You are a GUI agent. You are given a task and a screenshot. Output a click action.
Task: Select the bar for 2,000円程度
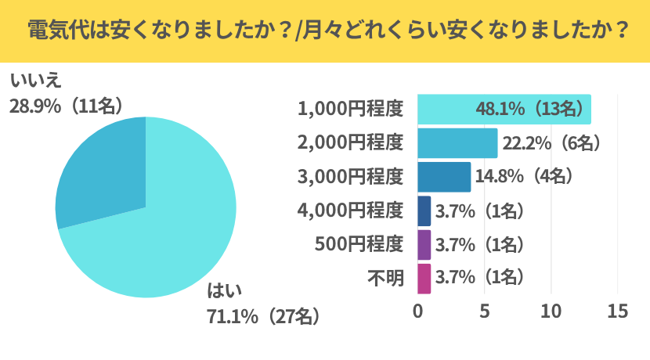coord(457,143)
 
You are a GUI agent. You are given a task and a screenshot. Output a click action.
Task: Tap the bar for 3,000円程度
coord(443,177)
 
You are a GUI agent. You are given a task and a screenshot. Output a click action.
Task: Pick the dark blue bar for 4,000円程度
coord(424,211)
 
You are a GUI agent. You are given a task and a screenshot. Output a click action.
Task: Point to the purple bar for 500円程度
coord(424,244)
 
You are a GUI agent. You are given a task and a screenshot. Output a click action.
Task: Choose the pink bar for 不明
coord(424,277)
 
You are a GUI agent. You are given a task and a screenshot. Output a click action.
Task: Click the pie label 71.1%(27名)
coord(263,317)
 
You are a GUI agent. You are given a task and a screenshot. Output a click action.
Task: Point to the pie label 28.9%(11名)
coord(67,106)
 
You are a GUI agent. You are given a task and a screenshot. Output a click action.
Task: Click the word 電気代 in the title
coord(53,31)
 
